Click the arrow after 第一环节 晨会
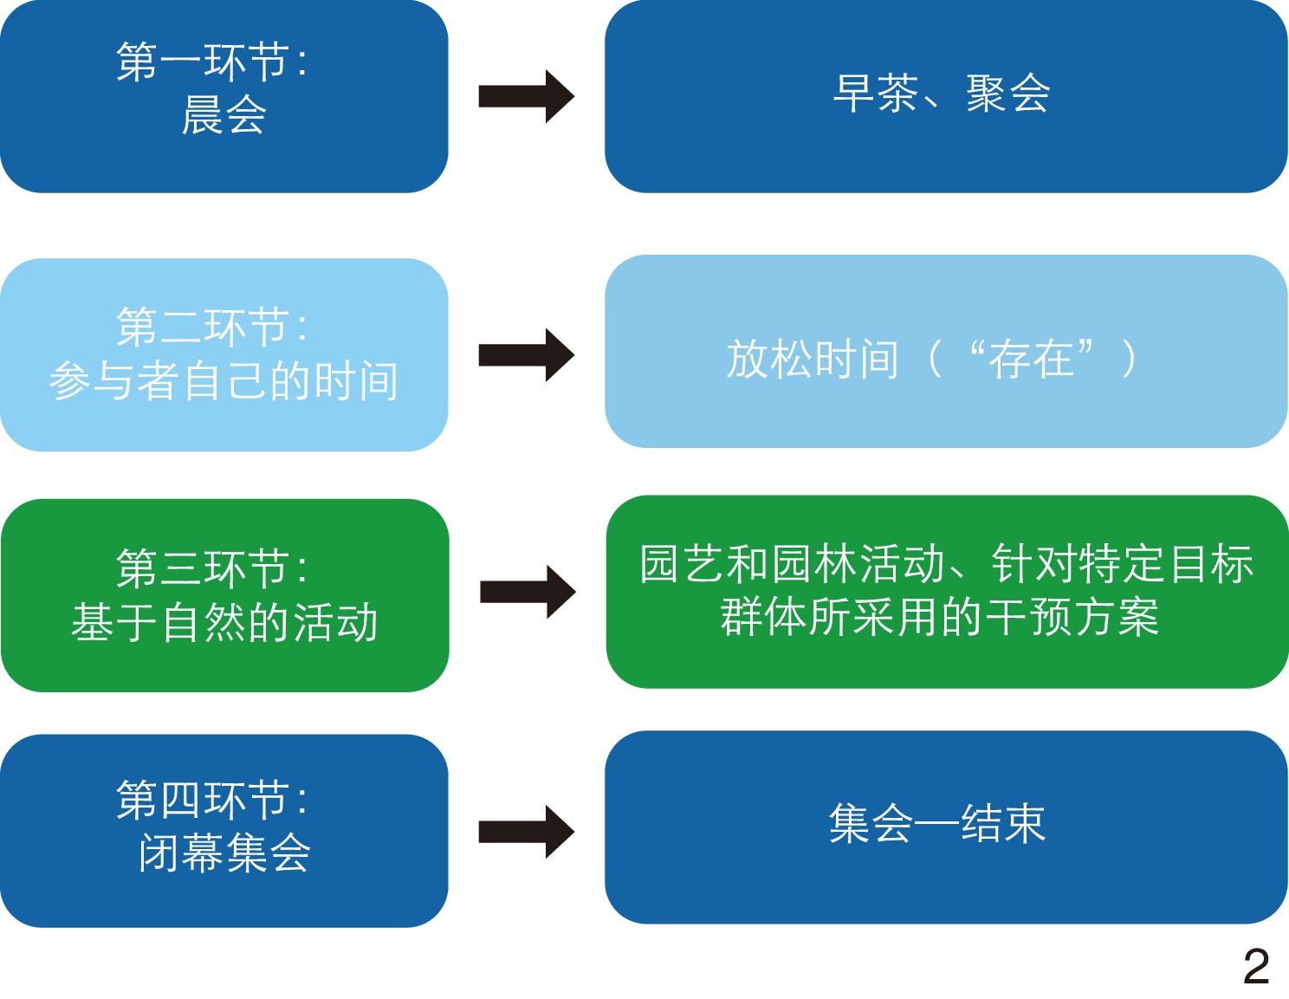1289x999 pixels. coord(526,96)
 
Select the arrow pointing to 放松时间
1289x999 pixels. coord(526,355)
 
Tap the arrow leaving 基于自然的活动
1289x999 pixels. coord(528,592)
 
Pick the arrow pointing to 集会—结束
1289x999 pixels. coord(526,832)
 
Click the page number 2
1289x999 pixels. coord(1255,966)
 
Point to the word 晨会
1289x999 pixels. coord(223,115)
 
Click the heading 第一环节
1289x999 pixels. coord(204,62)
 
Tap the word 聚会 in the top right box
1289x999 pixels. coord(1008,94)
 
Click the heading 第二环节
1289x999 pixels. coord(204,327)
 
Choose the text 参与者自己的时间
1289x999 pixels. coord(223,381)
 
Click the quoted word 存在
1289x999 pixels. coord(1031,359)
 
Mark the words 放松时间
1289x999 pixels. coord(812,359)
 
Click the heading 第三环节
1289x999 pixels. coord(204,568)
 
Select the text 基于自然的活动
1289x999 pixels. coord(224,622)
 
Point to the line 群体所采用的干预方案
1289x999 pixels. coord(940,617)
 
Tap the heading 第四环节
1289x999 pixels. coord(204,799)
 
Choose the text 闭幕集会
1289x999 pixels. coord(223,853)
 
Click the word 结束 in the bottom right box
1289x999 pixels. coord(1003,823)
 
